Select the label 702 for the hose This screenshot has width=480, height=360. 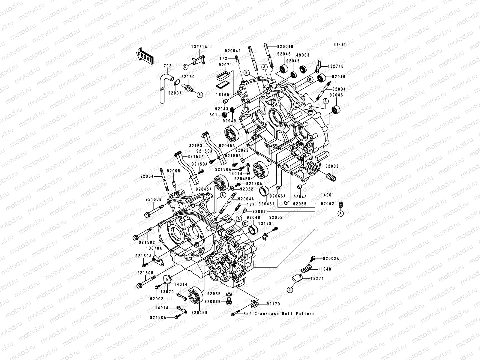coord(167,66)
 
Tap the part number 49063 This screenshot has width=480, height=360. coord(303,55)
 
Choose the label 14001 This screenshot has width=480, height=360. coord(327,195)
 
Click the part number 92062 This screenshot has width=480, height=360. coord(327,203)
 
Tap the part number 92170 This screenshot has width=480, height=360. coord(273,304)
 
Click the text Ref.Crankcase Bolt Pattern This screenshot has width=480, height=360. coord(279,314)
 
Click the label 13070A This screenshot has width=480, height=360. coord(154,248)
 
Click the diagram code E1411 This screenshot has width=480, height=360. coord(340,44)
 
